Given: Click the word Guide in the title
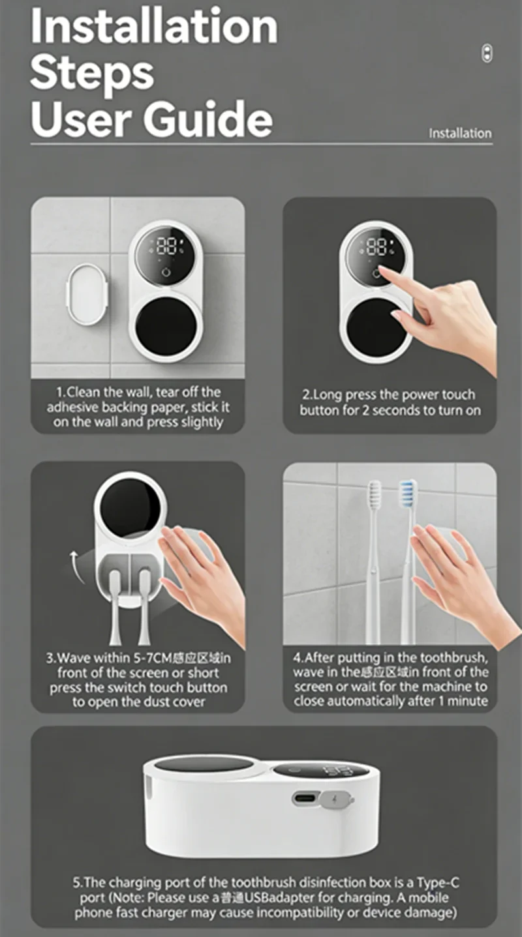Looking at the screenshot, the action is [x=208, y=120].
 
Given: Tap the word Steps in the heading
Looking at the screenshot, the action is [x=92, y=74].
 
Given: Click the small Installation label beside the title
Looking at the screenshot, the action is [x=460, y=134].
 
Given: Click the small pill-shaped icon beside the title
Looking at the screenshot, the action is [x=487, y=53].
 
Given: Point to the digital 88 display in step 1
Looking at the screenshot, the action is [x=166, y=246].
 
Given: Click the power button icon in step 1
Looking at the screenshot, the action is [x=166, y=273].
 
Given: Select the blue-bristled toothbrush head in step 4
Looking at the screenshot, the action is [x=408, y=494].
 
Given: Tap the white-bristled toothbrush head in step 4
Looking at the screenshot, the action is [x=375, y=494].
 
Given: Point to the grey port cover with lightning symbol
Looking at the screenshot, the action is [x=336, y=799].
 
